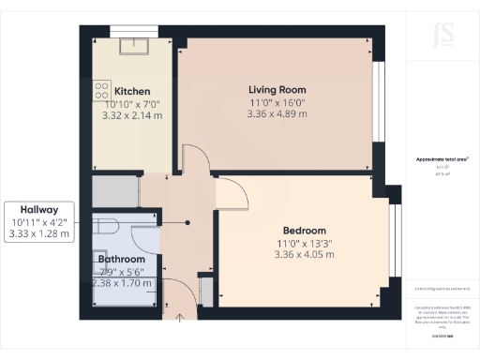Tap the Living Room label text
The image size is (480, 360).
tap(277, 89)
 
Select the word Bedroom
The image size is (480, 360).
tap(304, 230)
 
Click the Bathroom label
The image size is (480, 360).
tap(121, 259)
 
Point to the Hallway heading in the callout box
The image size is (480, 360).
tap(37, 209)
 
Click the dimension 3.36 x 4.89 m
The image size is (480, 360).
tap(277, 113)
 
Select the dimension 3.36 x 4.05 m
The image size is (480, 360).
tap(304, 254)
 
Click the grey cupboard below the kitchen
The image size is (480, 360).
tap(115, 191)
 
